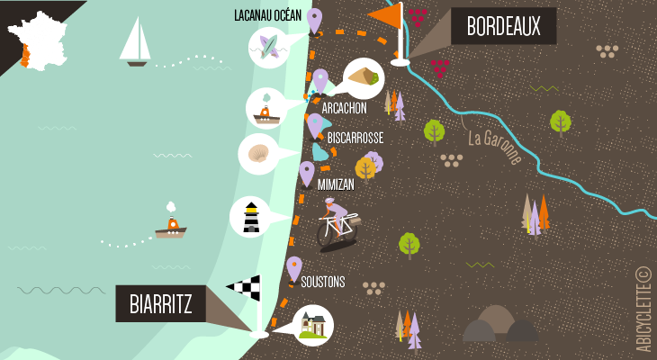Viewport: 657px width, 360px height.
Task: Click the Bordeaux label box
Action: (x=503, y=27)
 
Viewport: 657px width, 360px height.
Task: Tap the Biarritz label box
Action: (x=160, y=303)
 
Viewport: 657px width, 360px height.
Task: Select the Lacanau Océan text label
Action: (x=267, y=14)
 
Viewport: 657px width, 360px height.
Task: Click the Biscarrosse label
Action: (x=355, y=138)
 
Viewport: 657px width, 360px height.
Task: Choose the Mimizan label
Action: (x=336, y=184)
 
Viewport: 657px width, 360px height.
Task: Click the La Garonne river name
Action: (x=494, y=148)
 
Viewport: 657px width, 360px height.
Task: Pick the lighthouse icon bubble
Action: (x=250, y=217)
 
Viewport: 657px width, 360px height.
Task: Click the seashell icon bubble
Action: (x=259, y=154)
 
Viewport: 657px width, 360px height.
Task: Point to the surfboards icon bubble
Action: (x=267, y=45)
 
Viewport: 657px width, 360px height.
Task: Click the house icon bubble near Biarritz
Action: (x=313, y=325)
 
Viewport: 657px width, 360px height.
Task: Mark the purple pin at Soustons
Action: (x=294, y=268)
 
